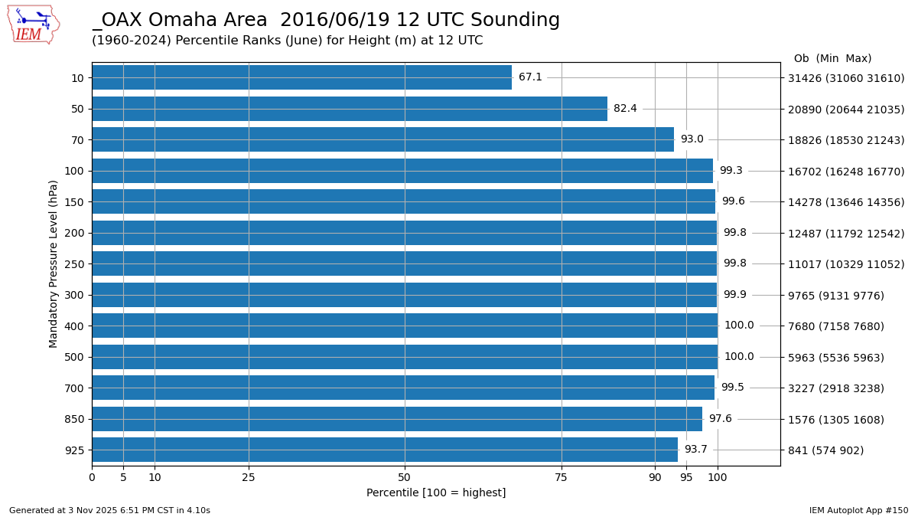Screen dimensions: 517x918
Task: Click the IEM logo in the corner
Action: pyautogui.click(x=33, y=25)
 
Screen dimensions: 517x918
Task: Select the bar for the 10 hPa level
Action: pyautogui.click(x=301, y=77)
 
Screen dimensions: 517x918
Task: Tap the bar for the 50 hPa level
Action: pyautogui.click(x=349, y=109)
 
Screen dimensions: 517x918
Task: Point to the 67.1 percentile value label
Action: pyautogui.click(x=530, y=77)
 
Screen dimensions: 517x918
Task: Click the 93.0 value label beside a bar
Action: pyautogui.click(x=692, y=139)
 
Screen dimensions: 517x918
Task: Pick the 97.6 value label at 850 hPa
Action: pyautogui.click(x=720, y=419)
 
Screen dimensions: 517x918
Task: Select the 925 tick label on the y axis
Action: pyautogui.click(x=74, y=450)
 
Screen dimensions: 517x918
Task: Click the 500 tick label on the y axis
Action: pyautogui.click(x=74, y=357)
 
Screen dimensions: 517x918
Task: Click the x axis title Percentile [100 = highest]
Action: pyautogui.click(x=436, y=493)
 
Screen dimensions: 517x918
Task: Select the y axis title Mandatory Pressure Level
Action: pyautogui.click(x=54, y=263)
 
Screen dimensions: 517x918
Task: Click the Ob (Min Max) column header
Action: pyautogui.click(x=832, y=59)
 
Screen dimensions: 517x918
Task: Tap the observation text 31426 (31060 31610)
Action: pyautogui.click(x=846, y=78)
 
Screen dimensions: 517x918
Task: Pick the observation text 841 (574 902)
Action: pyautogui.click(x=825, y=450)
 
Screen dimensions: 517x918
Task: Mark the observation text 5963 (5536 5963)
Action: pyautogui.click(x=835, y=358)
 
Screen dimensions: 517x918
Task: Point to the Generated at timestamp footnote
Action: pyautogui.click(x=109, y=511)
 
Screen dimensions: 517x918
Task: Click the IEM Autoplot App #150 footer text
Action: pyautogui.click(x=858, y=511)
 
